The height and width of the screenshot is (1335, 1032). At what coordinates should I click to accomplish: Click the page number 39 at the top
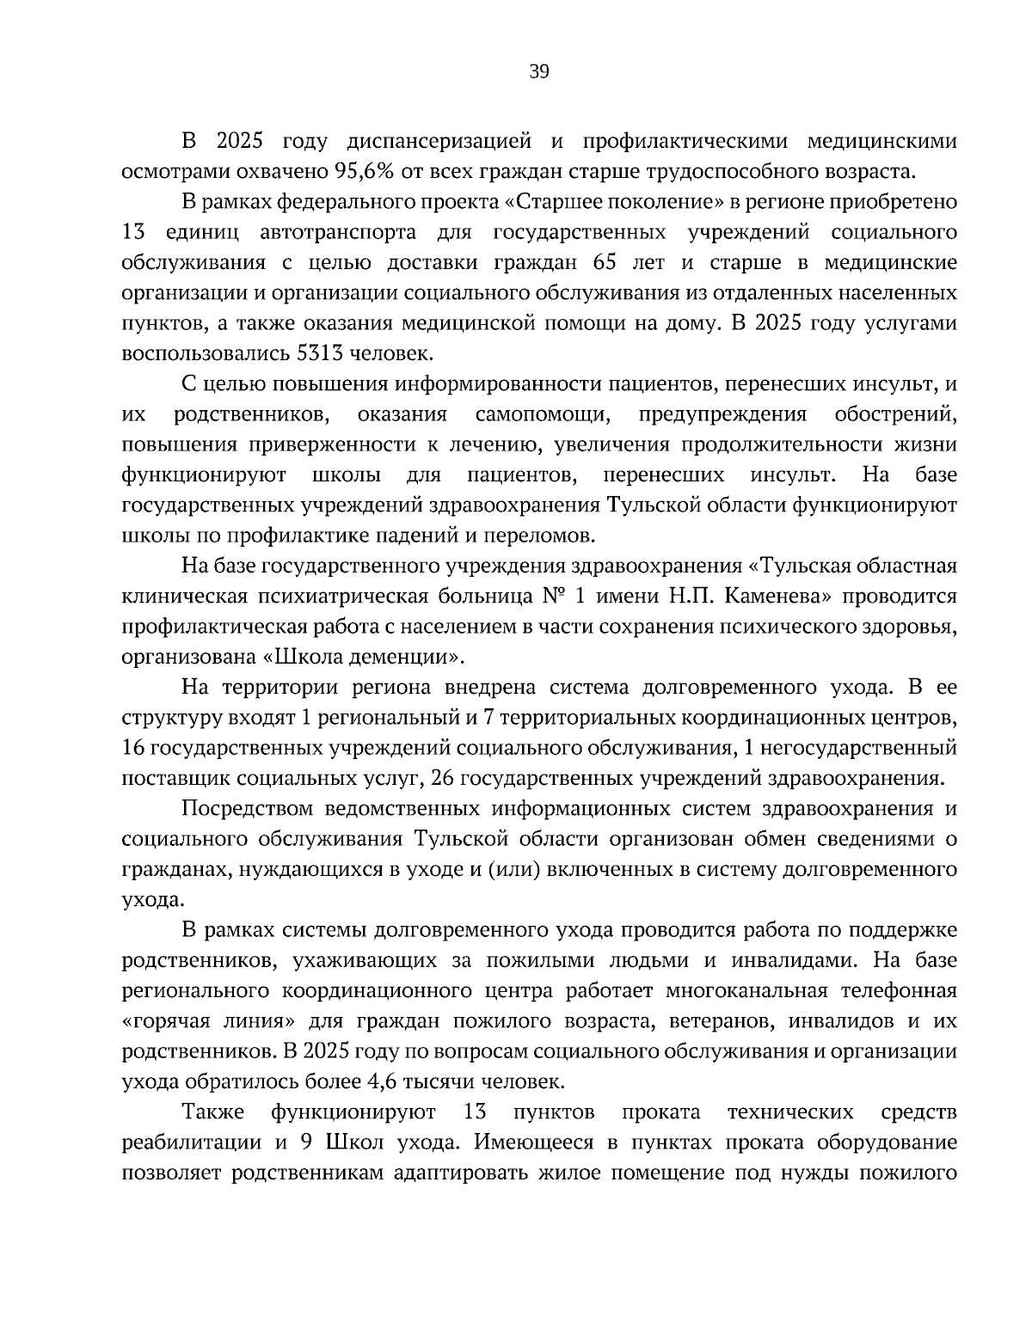pyautogui.click(x=538, y=72)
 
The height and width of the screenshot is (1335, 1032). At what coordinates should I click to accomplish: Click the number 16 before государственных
pyautogui.click(x=135, y=749)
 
